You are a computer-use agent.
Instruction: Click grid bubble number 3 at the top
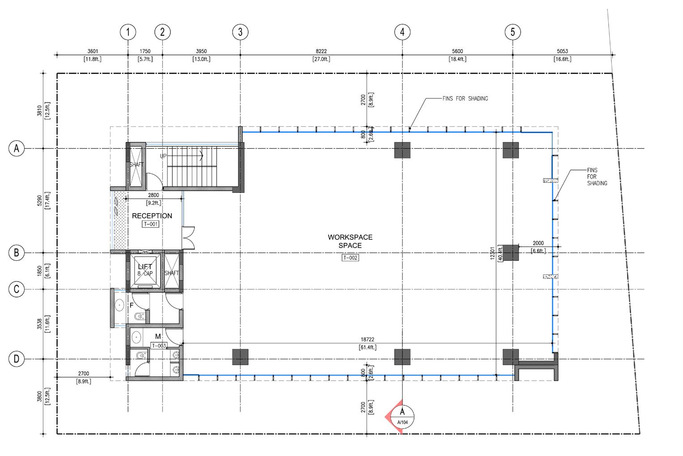pyautogui.click(x=240, y=32)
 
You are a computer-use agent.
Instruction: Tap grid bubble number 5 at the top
pyautogui.click(x=512, y=32)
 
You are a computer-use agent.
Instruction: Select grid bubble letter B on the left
pyautogui.click(x=17, y=253)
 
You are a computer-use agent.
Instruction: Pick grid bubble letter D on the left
pyautogui.click(x=17, y=359)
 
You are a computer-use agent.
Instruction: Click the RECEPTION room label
pyautogui.click(x=152, y=216)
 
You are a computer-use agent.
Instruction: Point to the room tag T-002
pyautogui.click(x=350, y=258)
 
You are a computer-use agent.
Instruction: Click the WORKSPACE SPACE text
pyautogui.click(x=350, y=241)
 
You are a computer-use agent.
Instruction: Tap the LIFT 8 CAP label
pyautogui.click(x=145, y=270)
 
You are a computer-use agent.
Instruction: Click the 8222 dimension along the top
pyautogui.click(x=321, y=51)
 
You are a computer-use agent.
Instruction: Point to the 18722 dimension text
pyautogui.click(x=367, y=339)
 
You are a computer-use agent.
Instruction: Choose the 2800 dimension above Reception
pyautogui.click(x=154, y=195)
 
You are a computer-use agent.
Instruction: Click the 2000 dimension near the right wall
pyautogui.click(x=538, y=243)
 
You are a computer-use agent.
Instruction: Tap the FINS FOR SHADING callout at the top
pyautogui.click(x=465, y=98)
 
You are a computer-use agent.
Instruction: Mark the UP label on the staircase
pyautogui.click(x=163, y=156)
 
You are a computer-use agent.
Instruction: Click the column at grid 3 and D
pyautogui.click(x=240, y=357)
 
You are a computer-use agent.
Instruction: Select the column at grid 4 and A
pyautogui.click(x=402, y=150)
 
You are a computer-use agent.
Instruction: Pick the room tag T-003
pyautogui.click(x=159, y=345)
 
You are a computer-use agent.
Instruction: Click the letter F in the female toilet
pyautogui.click(x=132, y=305)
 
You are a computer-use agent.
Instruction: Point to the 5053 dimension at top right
pyautogui.click(x=562, y=51)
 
